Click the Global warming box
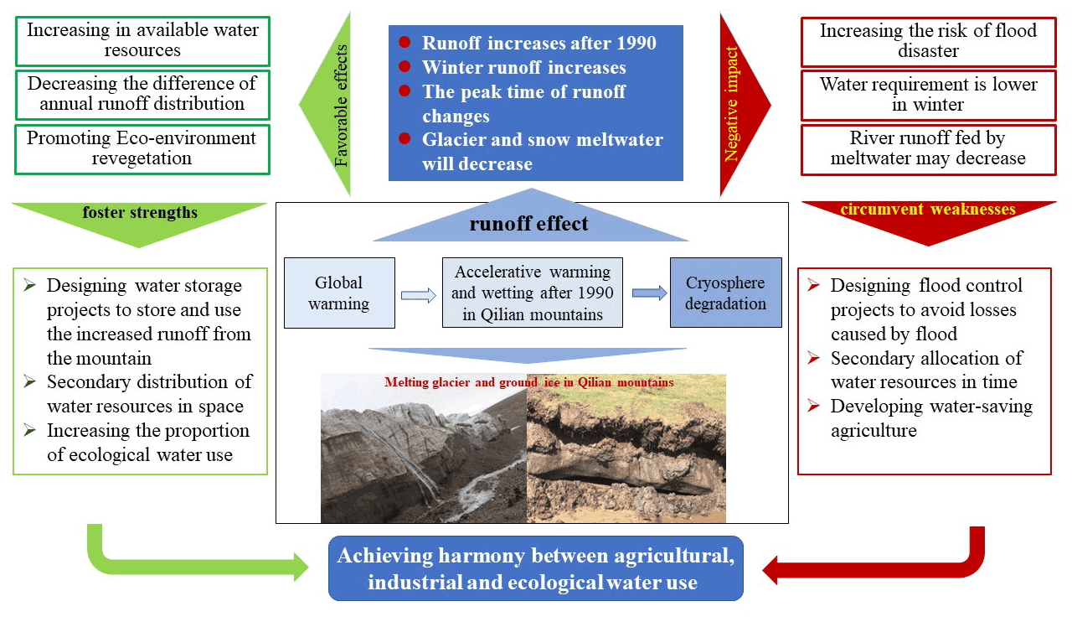coord(339,293)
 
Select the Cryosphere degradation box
coord(725,293)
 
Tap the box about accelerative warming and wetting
coord(532,293)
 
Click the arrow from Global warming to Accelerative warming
coord(419,294)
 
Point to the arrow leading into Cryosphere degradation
coord(649,293)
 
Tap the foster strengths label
coord(140,213)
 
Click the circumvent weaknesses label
coord(927,210)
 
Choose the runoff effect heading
coord(528,224)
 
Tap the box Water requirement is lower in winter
coord(928,95)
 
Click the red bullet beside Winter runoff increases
coord(405,67)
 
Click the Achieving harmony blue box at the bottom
coord(536,569)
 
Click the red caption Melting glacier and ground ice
coord(528,382)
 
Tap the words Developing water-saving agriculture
coord(931,418)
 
